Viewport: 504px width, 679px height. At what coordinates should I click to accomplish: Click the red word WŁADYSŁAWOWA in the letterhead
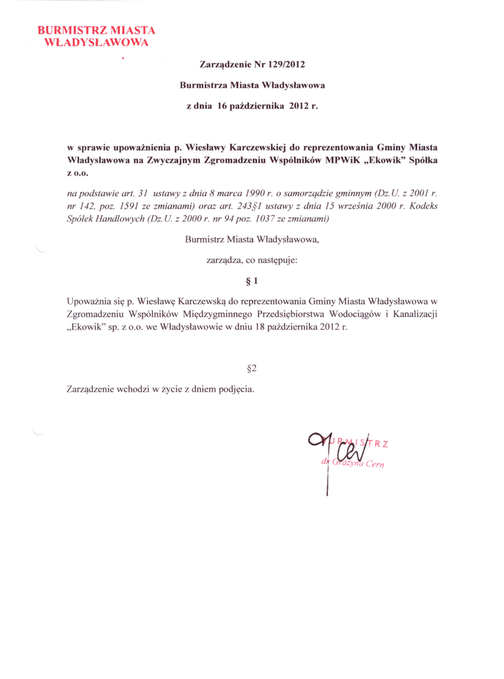tap(95, 43)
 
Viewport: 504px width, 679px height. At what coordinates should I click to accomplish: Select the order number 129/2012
tap(286, 65)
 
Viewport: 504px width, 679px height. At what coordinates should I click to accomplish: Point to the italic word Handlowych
tap(121, 218)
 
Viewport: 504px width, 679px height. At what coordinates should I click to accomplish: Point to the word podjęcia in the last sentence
tap(235, 388)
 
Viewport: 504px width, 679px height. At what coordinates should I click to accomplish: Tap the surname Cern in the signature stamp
tap(383, 463)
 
